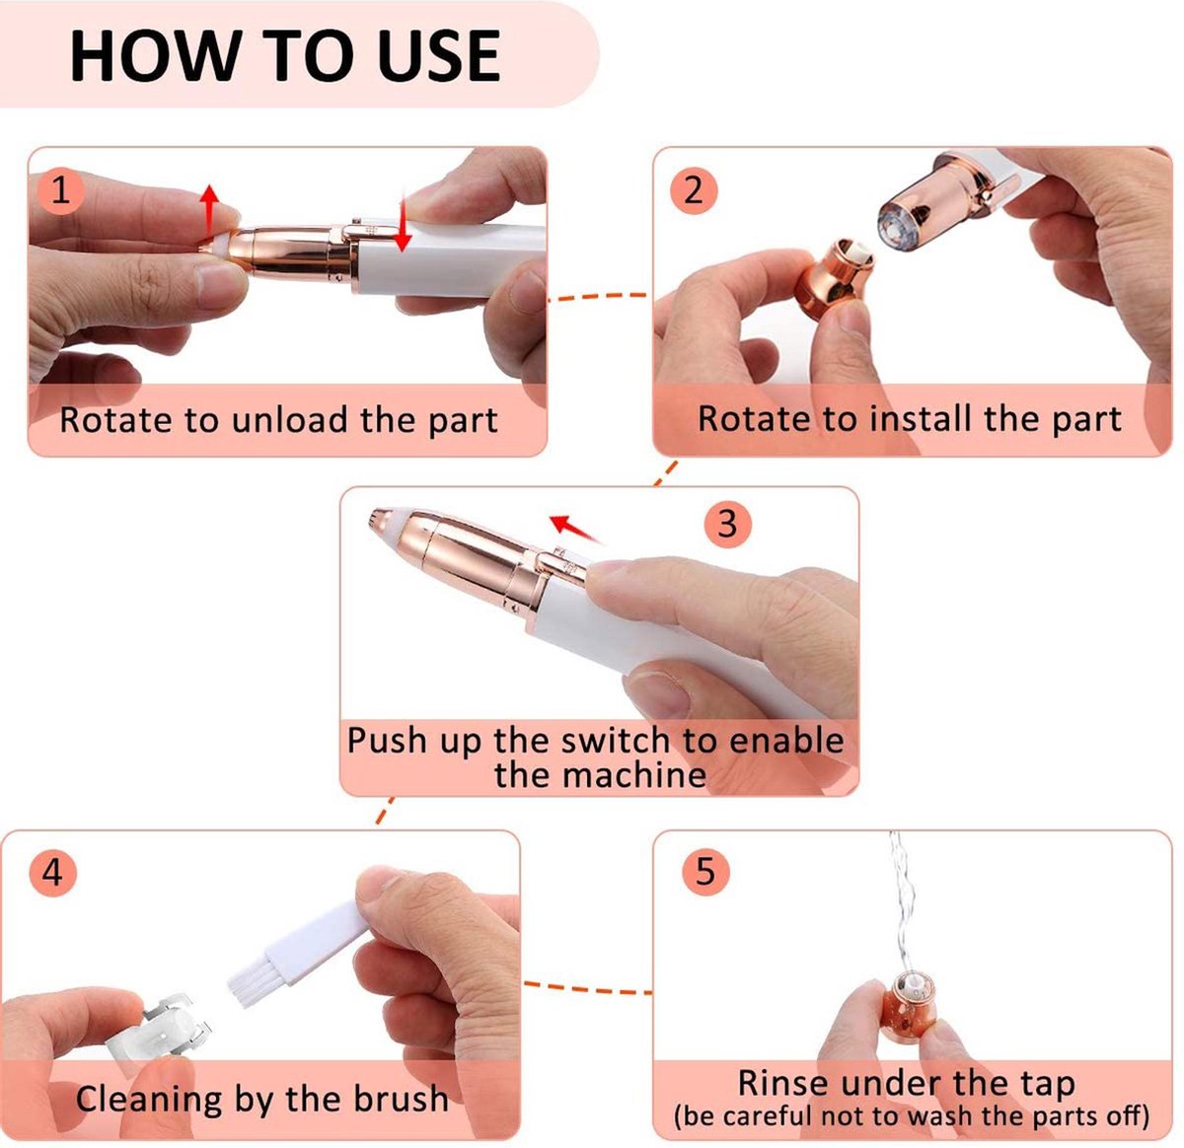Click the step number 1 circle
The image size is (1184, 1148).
click(60, 191)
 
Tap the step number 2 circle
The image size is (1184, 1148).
click(693, 191)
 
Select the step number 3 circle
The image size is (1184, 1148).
click(727, 523)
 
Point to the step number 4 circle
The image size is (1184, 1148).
click(52, 873)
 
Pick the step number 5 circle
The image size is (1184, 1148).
click(704, 871)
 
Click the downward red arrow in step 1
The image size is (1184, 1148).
click(403, 224)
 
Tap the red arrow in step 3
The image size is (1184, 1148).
click(575, 529)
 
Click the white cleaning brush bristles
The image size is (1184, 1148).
click(253, 983)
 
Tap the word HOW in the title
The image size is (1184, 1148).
click(153, 56)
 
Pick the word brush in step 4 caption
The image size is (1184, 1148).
click(402, 1098)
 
